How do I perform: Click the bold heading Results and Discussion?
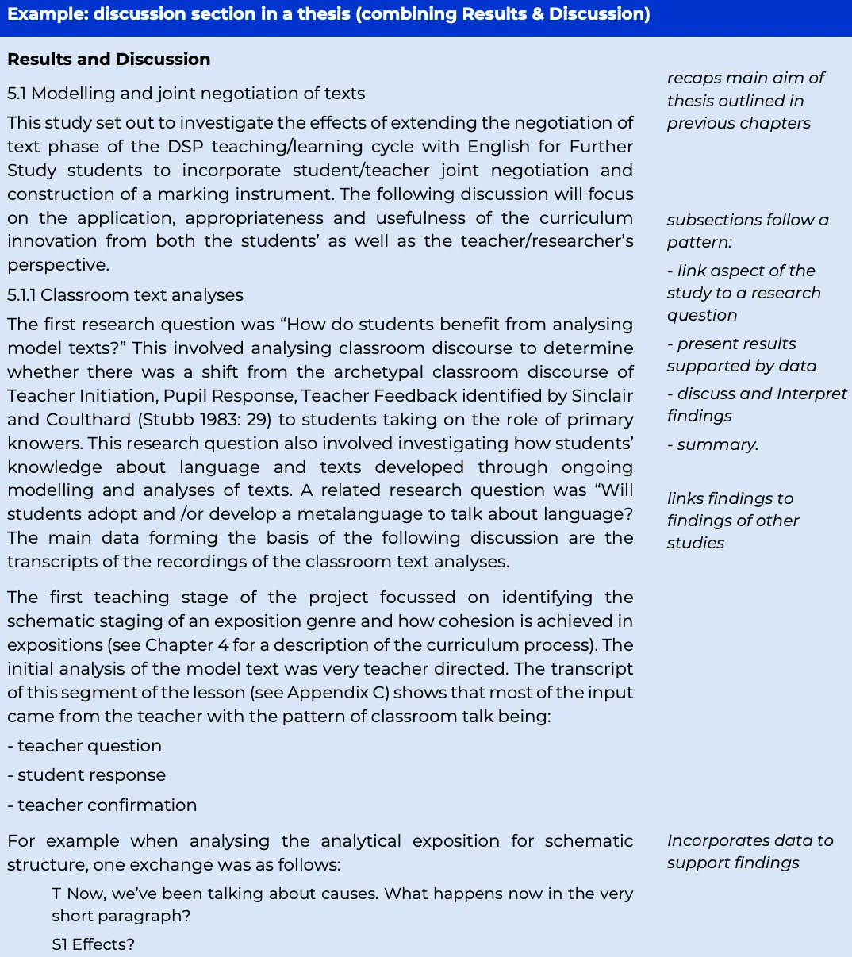109,60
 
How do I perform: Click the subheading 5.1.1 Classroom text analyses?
125,295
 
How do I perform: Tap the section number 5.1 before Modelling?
17,94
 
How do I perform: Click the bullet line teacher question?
85,746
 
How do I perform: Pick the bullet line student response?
87,775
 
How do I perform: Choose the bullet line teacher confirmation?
102,805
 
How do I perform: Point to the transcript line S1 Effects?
94,944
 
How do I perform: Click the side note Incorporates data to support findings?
750,851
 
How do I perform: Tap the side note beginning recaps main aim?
745,100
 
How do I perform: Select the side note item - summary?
712,444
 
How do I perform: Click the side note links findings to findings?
732,521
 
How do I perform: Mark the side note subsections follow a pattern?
747,230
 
